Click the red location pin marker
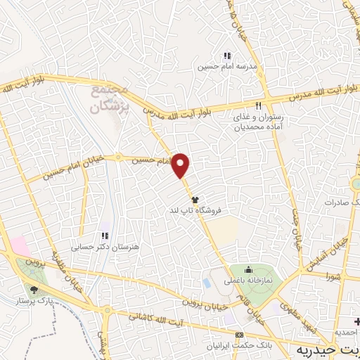click(x=181, y=166)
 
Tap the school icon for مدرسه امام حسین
click(x=226, y=56)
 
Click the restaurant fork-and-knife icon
click(x=258, y=106)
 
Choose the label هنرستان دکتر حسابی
click(x=103, y=247)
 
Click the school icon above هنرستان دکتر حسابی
click(x=104, y=236)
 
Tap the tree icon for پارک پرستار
click(x=34, y=290)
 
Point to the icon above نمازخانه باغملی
click(x=247, y=269)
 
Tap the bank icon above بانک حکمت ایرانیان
click(x=240, y=335)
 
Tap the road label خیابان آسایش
click(x=317, y=255)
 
